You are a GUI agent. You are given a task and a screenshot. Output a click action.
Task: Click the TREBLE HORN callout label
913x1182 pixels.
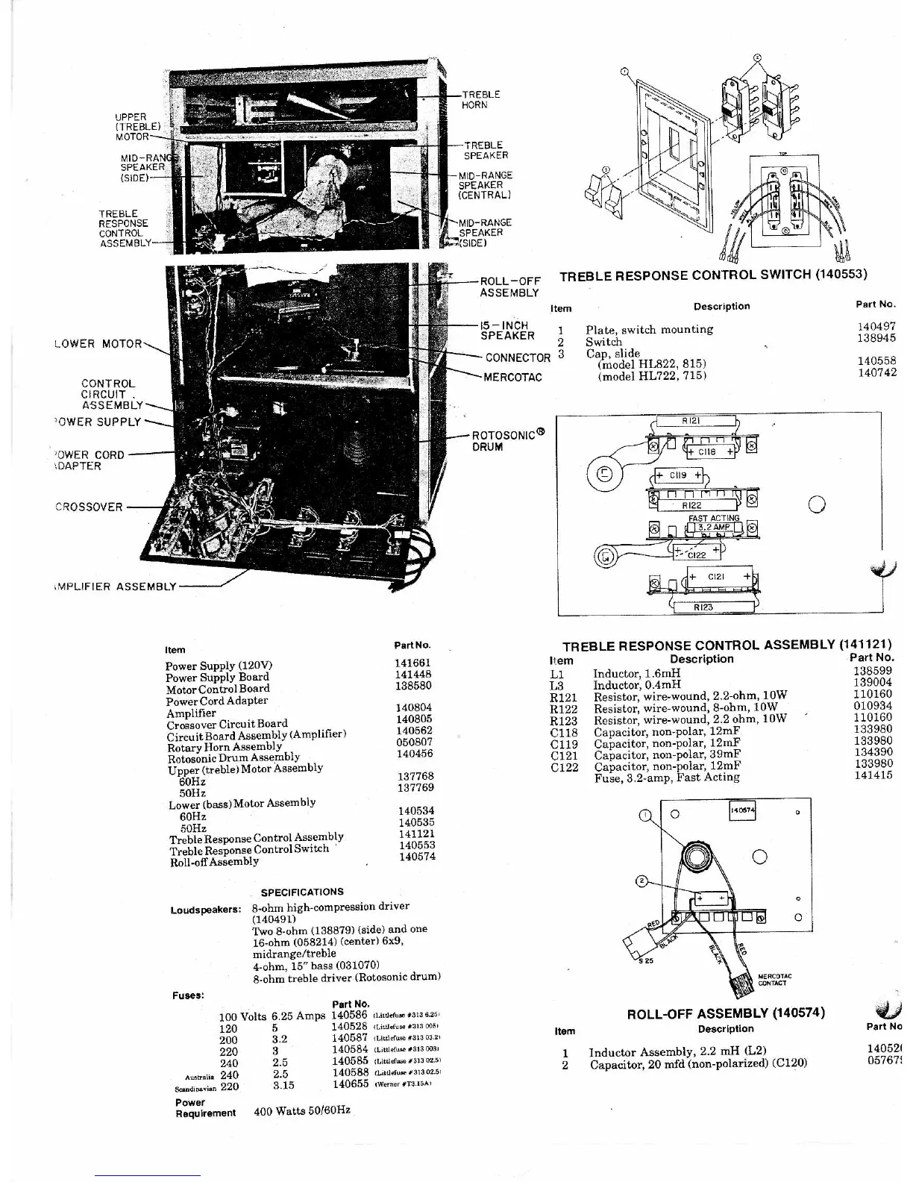coord(480,100)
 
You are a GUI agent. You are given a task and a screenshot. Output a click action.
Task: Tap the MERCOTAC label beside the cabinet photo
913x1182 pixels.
coord(512,378)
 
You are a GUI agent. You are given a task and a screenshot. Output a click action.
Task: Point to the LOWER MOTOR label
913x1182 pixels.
coord(98,344)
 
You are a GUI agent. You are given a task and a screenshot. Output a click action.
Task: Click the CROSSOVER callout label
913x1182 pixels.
coord(89,507)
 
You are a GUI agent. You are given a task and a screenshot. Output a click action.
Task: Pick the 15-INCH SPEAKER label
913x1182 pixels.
coord(506,331)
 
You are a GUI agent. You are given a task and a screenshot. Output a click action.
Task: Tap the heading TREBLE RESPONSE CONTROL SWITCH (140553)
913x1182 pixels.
coord(713,275)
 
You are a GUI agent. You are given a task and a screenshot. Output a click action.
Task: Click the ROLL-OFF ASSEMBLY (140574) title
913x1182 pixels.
coord(726,1013)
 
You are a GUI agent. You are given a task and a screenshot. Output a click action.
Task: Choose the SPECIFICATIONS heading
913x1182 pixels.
coord(302,892)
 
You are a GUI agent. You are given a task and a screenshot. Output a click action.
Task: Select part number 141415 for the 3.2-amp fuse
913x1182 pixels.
coord(873,776)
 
